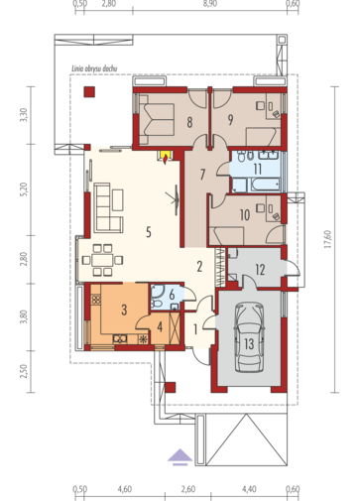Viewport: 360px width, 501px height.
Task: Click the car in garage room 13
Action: pos(249,339)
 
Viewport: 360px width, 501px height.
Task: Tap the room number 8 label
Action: pos(189,122)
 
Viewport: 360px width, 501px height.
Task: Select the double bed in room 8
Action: pos(157,119)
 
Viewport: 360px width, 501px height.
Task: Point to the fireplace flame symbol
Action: pos(165,159)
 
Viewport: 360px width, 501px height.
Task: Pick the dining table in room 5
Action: pos(102,260)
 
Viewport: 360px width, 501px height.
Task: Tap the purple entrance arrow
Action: pos(180,457)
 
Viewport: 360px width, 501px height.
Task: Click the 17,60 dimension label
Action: pos(327,239)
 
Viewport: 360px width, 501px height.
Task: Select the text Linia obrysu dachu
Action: pos(94,68)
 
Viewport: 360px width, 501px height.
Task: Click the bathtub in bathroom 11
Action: pos(266,185)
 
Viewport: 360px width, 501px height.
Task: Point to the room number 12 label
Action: pos(260,270)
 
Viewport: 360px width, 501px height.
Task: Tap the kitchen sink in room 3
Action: pos(120,338)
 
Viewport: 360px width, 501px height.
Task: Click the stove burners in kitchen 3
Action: pos(96,300)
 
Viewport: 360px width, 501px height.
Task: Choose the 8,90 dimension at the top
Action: pos(210,4)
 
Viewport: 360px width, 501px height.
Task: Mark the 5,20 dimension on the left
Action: pos(23,189)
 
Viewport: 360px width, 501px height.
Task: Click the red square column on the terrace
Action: pos(89,91)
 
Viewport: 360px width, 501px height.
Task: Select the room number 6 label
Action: pos(172,295)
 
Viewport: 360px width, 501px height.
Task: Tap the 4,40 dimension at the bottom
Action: pos(249,489)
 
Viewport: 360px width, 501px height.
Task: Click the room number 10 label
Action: pos(245,215)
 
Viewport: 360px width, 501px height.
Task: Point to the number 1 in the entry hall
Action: pos(195,329)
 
